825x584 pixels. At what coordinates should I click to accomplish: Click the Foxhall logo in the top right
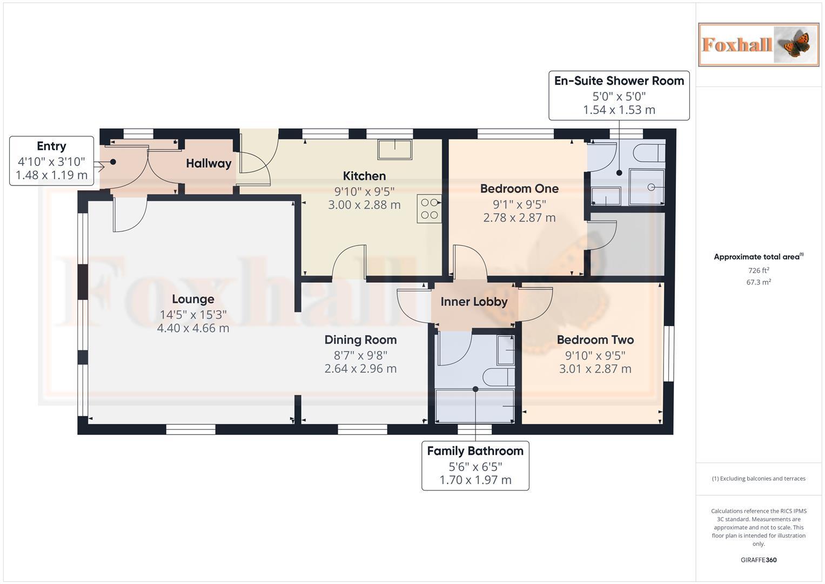(758, 44)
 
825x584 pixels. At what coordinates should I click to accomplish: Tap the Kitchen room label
(364, 176)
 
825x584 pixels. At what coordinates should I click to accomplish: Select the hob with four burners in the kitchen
(429, 209)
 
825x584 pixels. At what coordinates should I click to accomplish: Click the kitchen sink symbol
(394, 149)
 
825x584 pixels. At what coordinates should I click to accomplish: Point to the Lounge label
(193, 299)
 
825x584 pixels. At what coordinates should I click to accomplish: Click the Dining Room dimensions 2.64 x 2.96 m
(360, 369)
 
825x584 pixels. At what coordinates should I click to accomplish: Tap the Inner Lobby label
(474, 302)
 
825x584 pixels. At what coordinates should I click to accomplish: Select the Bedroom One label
(519, 189)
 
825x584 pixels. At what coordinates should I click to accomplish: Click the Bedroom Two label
(595, 340)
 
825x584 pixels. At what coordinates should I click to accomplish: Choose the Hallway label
(209, 163)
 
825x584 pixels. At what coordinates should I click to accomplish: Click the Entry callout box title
(51, 146)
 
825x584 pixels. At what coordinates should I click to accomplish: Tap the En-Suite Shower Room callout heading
(619, 81)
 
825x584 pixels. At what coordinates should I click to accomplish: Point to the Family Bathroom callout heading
(475, 451)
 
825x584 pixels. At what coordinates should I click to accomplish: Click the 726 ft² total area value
(758, 270)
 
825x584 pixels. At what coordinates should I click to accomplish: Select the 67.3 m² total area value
(758, 282)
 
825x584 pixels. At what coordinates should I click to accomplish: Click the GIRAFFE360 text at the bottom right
(758, 560)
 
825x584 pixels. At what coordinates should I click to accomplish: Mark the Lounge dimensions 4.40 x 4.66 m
(193, 328)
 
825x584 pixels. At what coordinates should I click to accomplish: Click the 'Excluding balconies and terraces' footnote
(758, 479)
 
